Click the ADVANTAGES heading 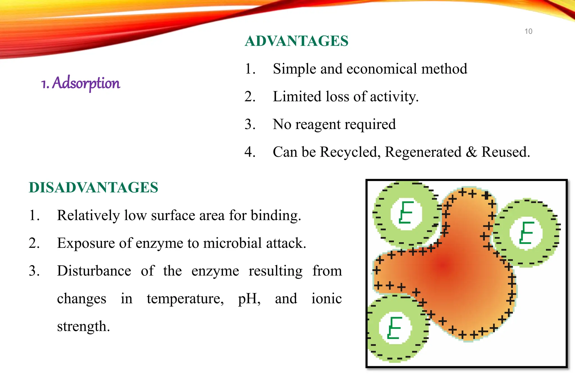pos(296,41)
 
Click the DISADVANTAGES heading pos(93,187)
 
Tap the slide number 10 pos(528,31)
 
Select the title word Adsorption pos(86,83)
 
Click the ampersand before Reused pos(471,152)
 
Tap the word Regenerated pos(423,152)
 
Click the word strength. pos(83,327)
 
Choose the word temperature pos(185,299)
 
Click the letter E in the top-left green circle pos(406,212)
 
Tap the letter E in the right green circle pos(526,232)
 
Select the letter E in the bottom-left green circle pos(394,328)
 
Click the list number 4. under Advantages pos(250,152)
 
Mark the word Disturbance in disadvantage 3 pos(94,271)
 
